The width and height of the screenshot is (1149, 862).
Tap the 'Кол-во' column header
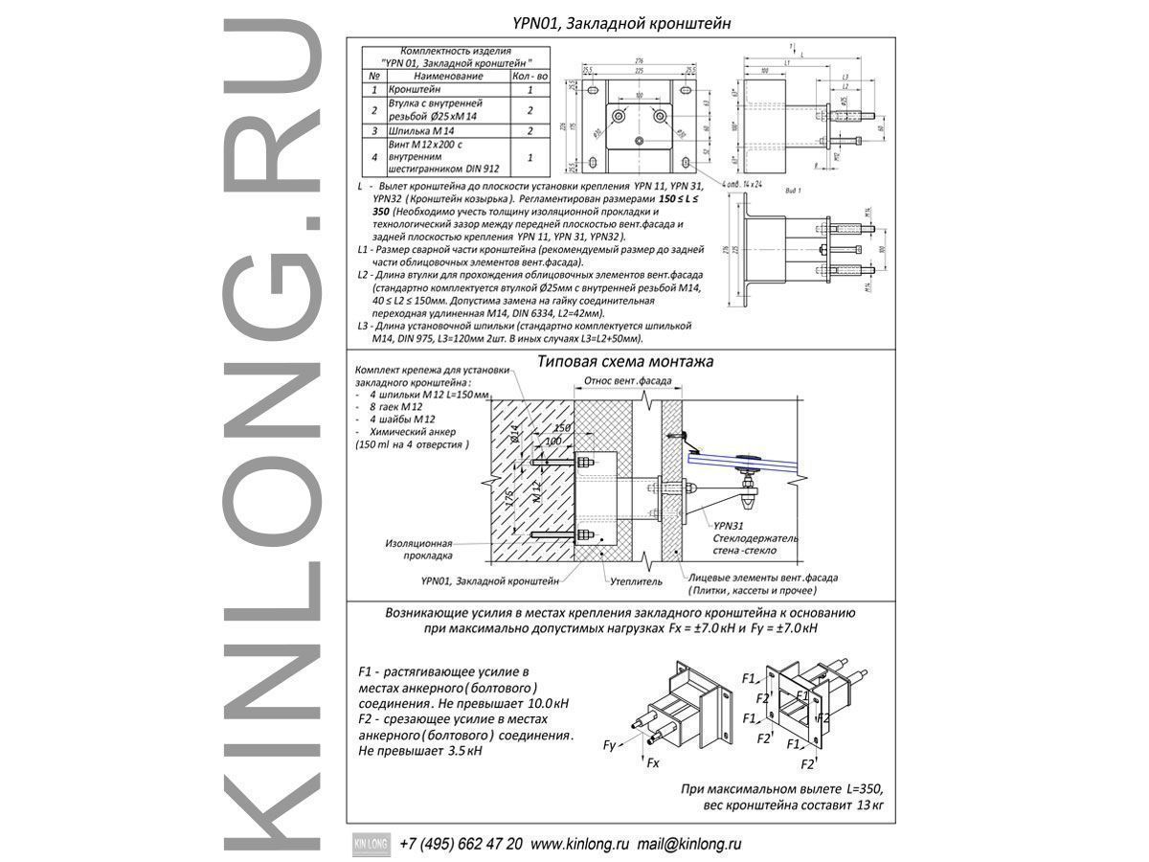(529, 75)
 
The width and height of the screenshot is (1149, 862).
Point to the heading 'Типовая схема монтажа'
(625, 362)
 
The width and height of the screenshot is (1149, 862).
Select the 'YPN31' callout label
(728, 526)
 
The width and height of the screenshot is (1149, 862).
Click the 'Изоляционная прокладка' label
(418, 548)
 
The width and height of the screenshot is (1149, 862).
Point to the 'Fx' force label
(653, 763)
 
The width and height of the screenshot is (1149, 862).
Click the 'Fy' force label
(609, 744)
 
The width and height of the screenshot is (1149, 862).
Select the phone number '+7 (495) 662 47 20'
(461, 845)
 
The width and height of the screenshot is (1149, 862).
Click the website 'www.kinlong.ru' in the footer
(579, 845)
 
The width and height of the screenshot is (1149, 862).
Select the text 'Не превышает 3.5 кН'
(419, 752)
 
